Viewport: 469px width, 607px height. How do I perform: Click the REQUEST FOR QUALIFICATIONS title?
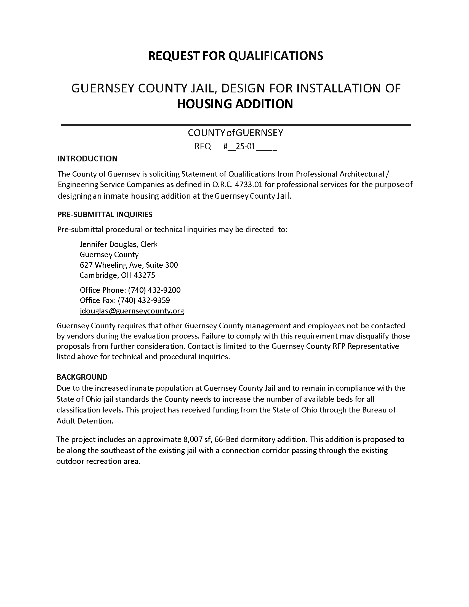click(x=236, y=55)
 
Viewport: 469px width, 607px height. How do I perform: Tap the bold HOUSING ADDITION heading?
click(x=235, y=104)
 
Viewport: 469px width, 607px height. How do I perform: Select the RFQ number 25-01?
click(x=245, y=146)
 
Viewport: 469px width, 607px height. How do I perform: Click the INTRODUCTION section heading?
click(x=87, y=159)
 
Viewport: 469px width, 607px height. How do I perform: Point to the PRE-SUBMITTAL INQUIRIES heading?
click(x=105, y=214)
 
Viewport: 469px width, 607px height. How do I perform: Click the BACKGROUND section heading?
click(x=82, y=377)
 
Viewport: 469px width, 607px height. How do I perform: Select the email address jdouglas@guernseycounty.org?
click(x=132, y=311)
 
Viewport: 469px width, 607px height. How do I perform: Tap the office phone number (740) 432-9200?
click(x=154, y=290)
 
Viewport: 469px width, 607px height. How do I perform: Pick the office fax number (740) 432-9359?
click(x=144, y=300)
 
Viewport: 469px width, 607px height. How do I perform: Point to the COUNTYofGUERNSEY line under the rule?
click(x=235, y=133)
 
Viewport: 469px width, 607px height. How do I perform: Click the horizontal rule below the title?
click(x=236, y=125)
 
